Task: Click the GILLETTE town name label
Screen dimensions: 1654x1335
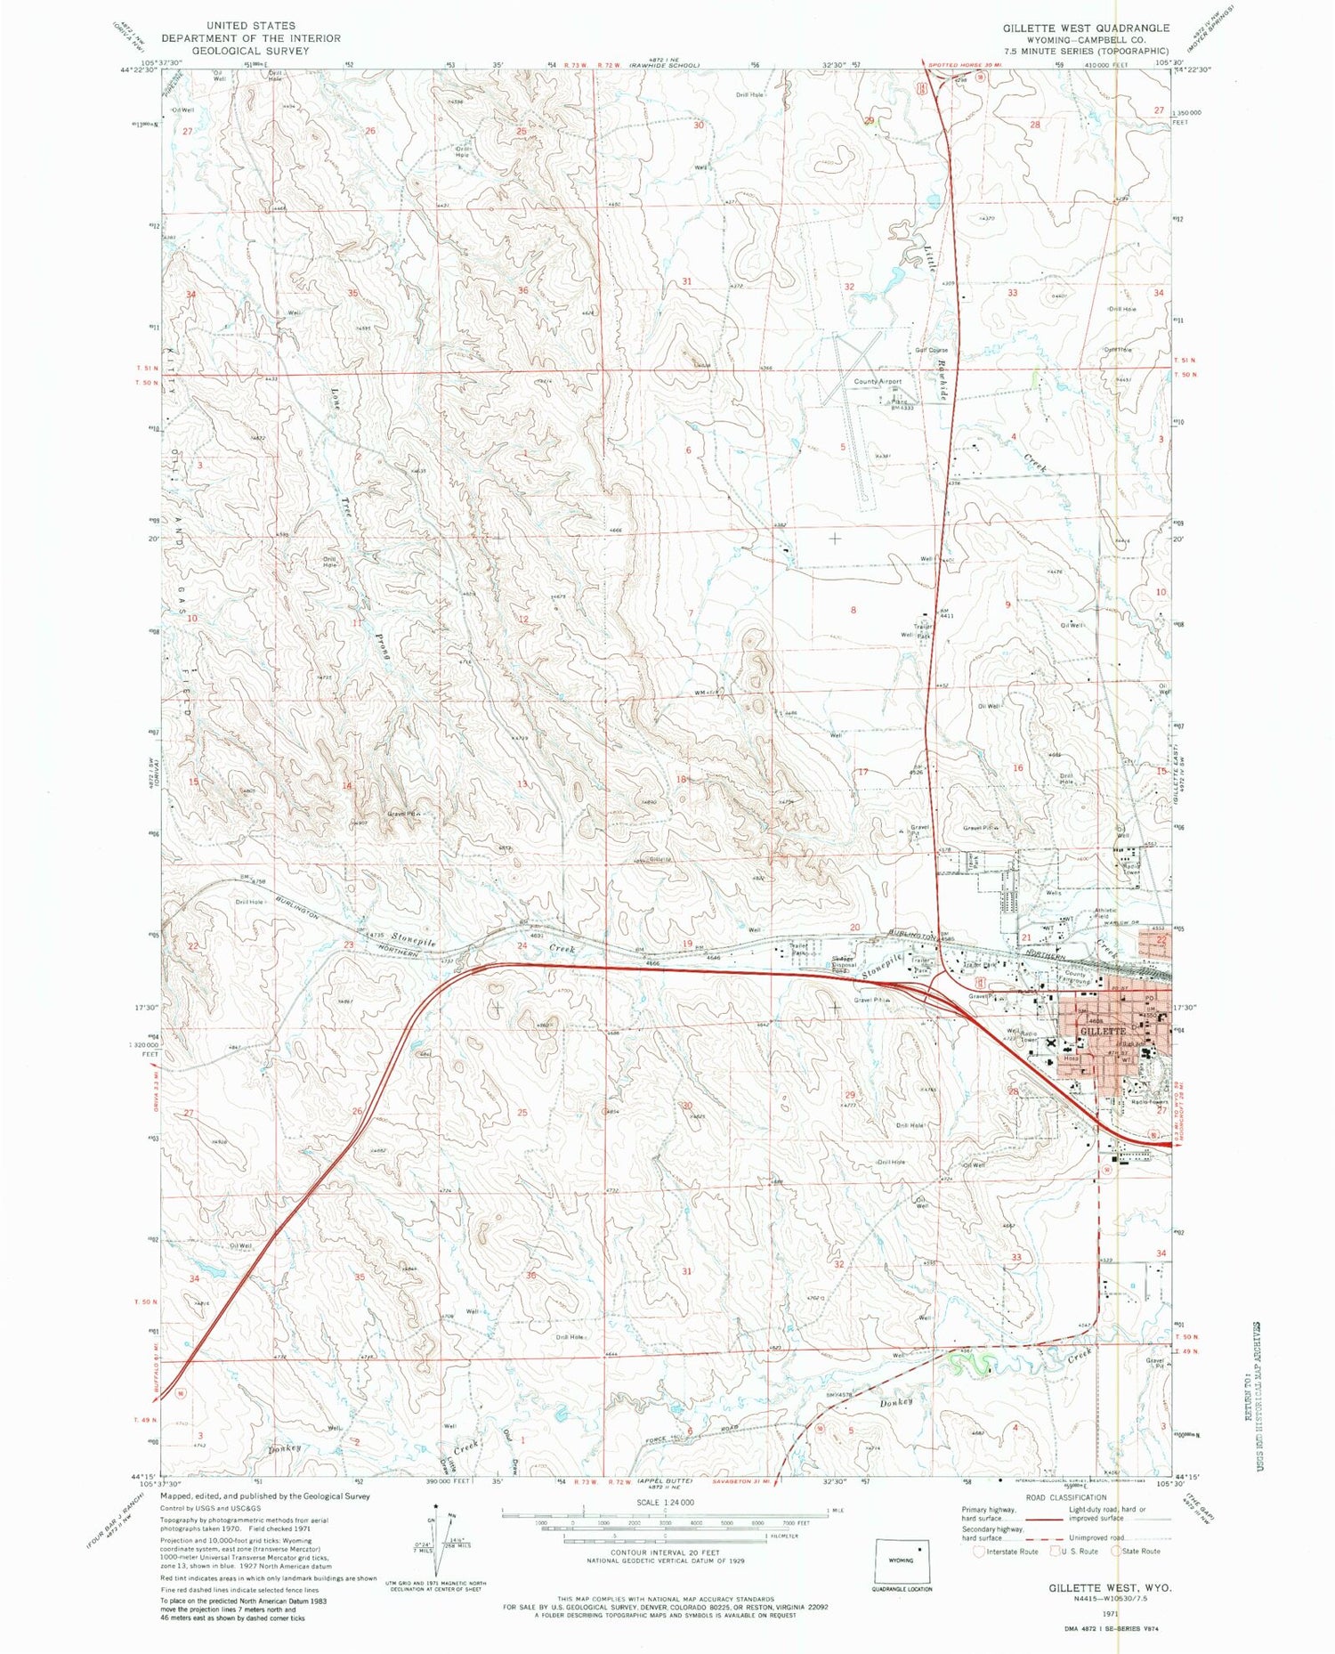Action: point(1103,1031)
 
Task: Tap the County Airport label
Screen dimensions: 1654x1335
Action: point(878,382)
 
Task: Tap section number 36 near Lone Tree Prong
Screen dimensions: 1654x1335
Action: point(522,291)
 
